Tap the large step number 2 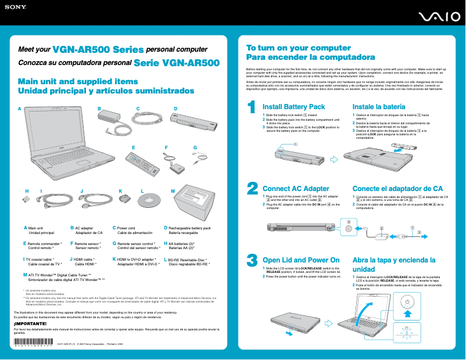click(253, 189)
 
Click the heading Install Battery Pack click(293, 107)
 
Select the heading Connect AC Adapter click(296, 189)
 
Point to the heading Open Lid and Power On click(301, 260)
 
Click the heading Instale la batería click(379, 107)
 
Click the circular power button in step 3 click(407, 302)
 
